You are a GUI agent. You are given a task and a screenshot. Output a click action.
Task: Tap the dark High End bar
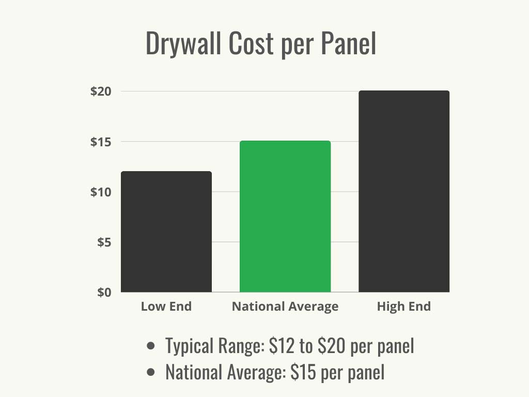tap(404, 191)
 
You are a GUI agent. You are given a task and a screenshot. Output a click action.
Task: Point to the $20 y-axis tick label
tap(101, 91)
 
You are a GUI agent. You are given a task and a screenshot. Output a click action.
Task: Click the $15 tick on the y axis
tap(101, 142)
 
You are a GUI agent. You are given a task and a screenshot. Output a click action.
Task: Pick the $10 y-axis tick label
tap(101, 192)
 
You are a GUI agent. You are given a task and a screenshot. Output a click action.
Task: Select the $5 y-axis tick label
tap(104, 242)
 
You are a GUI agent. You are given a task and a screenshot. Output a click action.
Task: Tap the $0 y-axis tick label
tap(104, 292)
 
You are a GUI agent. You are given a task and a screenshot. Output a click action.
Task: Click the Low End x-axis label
tap(166, 307)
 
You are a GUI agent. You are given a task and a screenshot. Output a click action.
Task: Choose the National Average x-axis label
tap(285, 307)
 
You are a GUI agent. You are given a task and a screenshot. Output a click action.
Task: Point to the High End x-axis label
tap(404, 307)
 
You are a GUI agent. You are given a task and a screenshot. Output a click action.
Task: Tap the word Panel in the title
tap(348, 43)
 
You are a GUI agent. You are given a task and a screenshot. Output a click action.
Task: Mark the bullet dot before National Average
tap(151, 372)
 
